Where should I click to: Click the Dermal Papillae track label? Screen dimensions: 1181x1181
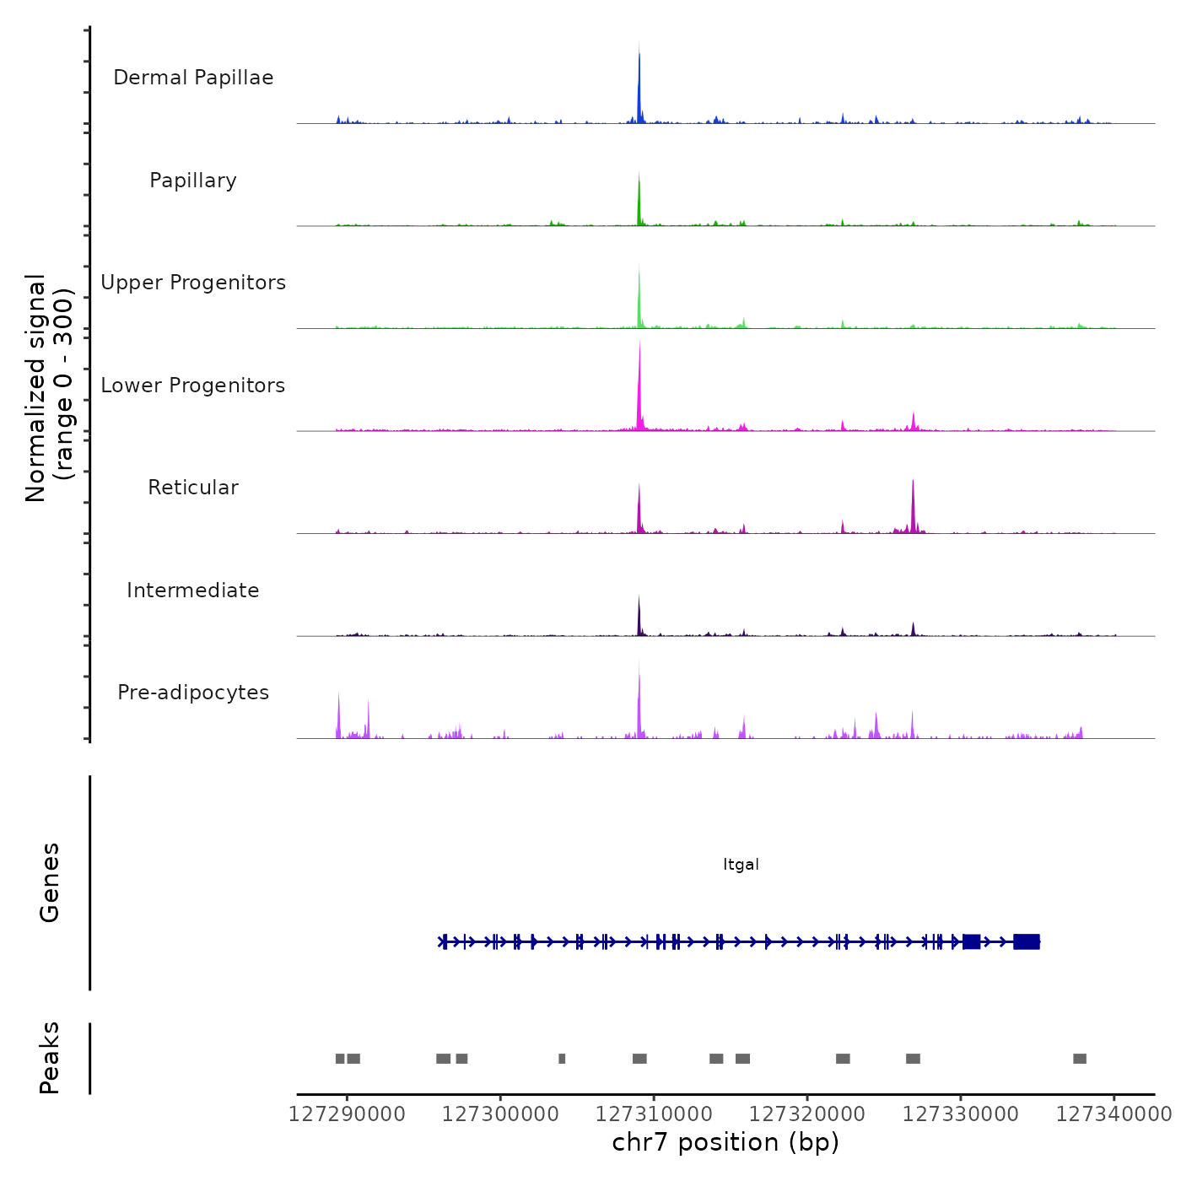(193, 78)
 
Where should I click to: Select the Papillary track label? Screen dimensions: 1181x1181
(193, 181)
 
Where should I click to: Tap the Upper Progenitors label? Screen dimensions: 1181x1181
(193, 283)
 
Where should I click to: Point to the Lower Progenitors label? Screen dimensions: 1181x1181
(193, 386)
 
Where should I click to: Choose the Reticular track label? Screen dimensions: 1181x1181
(193, 488)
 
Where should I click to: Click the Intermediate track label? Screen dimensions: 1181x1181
(193, 590)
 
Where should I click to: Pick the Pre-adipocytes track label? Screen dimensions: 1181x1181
(193, 693)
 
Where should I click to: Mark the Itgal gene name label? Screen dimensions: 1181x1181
(741, 865)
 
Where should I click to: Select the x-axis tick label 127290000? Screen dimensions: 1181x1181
(347, 1114)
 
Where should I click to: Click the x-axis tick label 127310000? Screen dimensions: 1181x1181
(654, 1114)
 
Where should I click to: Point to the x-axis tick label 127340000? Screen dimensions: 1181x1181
(1114, 1114)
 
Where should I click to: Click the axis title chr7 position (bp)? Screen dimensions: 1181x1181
(725, 1142)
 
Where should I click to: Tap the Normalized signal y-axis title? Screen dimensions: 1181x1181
(49, 388)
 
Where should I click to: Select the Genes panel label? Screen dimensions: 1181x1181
(50, 882)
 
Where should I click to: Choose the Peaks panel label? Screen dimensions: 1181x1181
(50, 1058)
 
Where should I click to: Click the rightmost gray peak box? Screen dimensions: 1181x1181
(1080, 1059)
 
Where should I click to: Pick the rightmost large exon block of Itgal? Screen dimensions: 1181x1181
(1027, 941)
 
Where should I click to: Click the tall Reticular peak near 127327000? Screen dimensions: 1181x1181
(913, 506)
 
